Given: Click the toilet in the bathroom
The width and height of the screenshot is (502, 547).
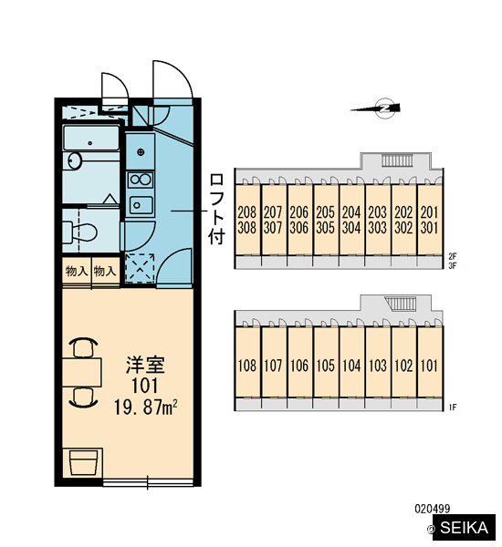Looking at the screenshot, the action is tap(79, 232).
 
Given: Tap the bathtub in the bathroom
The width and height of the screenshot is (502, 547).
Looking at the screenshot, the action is tap(91, 139).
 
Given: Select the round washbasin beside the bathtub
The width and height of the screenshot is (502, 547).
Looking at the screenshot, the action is tap(75, 160).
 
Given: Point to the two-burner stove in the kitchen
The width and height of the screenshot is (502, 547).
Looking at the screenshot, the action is tap(141, 180).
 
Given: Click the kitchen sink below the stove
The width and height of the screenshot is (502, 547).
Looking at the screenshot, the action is tap(141, 205).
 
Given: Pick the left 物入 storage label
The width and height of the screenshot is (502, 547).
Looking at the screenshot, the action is tap(77, 271).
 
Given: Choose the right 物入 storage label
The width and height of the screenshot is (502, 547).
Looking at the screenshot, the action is tap(105, 271).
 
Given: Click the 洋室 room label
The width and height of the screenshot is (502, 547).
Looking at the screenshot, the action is tap(145, 365).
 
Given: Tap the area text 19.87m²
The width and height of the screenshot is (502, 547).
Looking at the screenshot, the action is tap(146, 408).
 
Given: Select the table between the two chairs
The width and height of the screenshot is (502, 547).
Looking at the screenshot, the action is tap(82, 372).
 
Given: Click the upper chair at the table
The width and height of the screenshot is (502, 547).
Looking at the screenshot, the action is tap(83, 347).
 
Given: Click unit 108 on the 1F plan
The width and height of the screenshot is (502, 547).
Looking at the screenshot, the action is tap(247, 366).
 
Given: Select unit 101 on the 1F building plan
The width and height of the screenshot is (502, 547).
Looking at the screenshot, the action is tap(429, 366).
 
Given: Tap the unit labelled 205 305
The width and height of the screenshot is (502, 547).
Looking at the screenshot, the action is tap(325, 220).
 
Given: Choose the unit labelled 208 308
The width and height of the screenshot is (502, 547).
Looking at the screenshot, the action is tap(247, 220).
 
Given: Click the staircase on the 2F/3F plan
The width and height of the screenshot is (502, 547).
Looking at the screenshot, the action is tap(397, 160).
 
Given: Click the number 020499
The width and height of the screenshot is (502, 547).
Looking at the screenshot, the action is tap(432, 509).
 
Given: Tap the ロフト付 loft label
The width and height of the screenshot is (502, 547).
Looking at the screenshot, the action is tap(216, 209).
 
